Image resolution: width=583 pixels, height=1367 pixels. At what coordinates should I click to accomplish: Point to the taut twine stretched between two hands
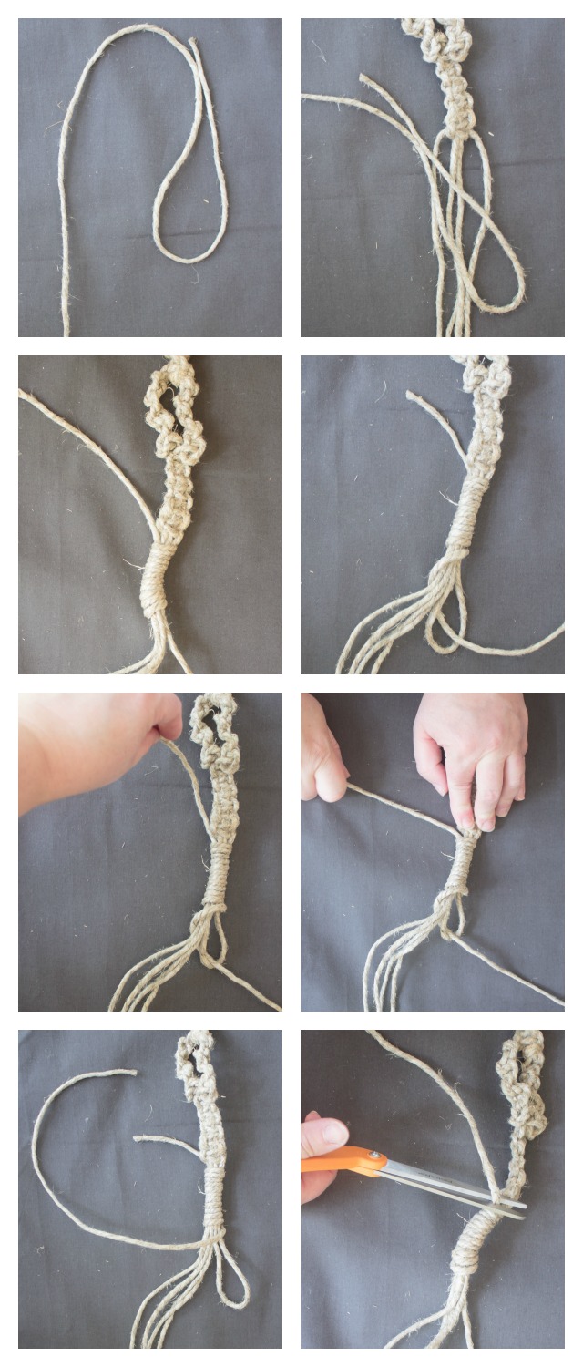click(x=401, y=807)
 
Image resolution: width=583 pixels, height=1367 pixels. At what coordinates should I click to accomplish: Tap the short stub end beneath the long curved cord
click(x=137, y=1138)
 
